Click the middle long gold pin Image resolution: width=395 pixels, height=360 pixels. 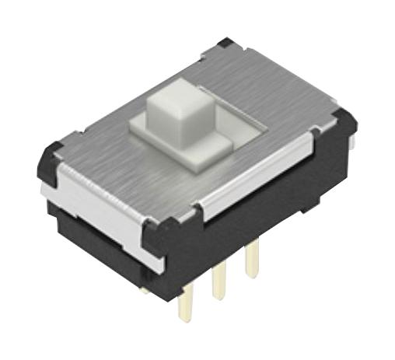click(219, 280)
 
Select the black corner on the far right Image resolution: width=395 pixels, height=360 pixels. click(343, 124)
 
